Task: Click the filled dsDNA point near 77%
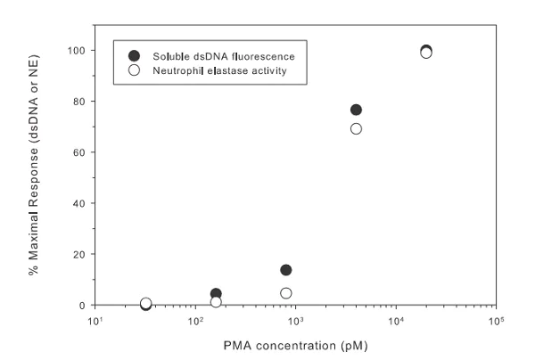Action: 357,110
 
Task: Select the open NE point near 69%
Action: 357,128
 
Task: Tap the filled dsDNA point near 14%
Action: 286,270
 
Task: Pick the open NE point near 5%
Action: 286,293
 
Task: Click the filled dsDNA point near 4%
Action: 216,293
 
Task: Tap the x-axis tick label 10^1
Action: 95,320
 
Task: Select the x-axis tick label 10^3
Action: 295,320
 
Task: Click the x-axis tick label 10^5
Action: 496,320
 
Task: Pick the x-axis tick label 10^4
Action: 396,320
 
